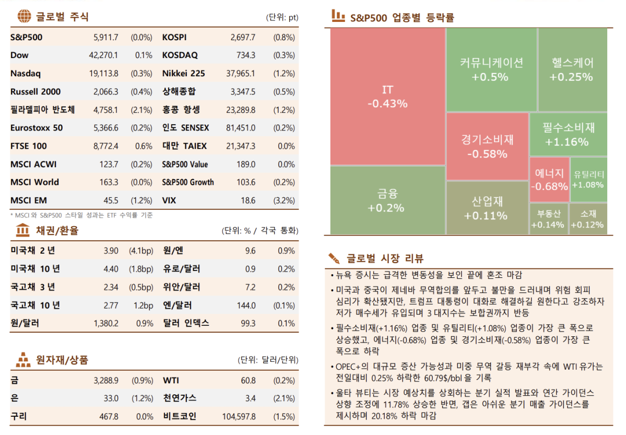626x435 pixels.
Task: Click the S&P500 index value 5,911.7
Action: [x=105, y=37]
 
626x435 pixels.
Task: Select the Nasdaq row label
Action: [x=25, y=74]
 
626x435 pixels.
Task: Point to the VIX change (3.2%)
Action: [x=284, y=201]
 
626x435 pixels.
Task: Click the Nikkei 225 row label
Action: [x=183, y=74]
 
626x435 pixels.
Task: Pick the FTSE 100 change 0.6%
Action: [x=144, y=146]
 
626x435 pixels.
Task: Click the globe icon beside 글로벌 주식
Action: [x=23, y=16]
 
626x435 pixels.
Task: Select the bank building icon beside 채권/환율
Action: [x=23, y=230]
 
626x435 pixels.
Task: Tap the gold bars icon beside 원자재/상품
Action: [x=23, y=359]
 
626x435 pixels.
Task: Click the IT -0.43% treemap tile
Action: [x=387, y=97]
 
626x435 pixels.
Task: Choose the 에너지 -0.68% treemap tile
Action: [x=549, y=179]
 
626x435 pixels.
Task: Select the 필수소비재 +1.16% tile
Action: [x=568, y=134]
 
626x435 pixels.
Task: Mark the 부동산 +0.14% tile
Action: [x=548, y=219]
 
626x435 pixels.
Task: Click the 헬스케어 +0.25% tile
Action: [x=572, y=69]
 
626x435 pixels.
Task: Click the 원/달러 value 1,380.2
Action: [x=106, y=323]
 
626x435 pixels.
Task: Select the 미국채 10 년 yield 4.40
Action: [x=111, y=269]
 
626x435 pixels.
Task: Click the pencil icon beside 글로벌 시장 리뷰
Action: [x=334, y=258]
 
